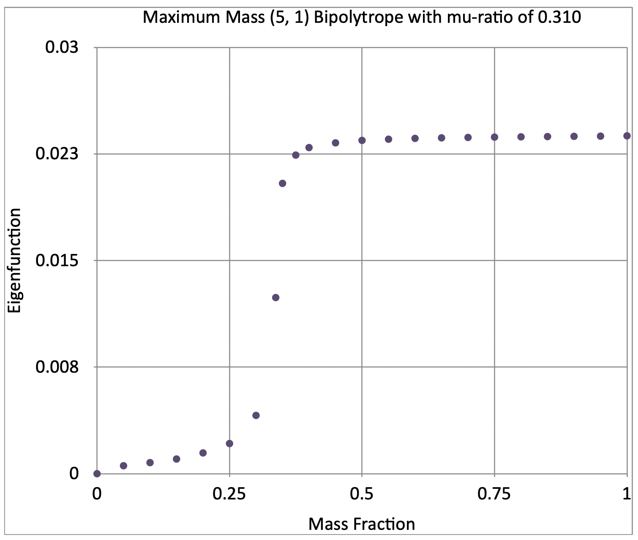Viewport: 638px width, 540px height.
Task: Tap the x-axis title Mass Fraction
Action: pos(362,524)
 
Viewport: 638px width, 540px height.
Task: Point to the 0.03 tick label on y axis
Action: pos(62,47)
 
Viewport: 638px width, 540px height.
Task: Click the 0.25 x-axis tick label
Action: pos(229,494)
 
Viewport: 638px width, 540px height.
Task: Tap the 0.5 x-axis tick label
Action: pos(362,494)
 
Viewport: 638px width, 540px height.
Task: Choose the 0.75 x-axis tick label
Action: pos(494,494)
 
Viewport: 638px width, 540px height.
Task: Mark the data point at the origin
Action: pos(97,474)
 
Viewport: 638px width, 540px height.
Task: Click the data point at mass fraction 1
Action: pos(627,136)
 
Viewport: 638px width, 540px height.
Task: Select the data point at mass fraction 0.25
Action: pos(229,443)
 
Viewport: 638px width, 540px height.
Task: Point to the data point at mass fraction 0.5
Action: pos(362,140)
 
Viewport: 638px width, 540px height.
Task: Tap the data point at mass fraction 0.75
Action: pos(494,137)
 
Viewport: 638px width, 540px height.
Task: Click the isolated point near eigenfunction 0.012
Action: pos(276,297)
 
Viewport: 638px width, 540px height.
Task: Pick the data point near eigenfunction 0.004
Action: pos(256,415)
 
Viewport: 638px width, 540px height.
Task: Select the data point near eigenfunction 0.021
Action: pos(283,183)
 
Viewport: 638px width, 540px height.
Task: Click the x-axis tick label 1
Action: pos(627,494)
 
